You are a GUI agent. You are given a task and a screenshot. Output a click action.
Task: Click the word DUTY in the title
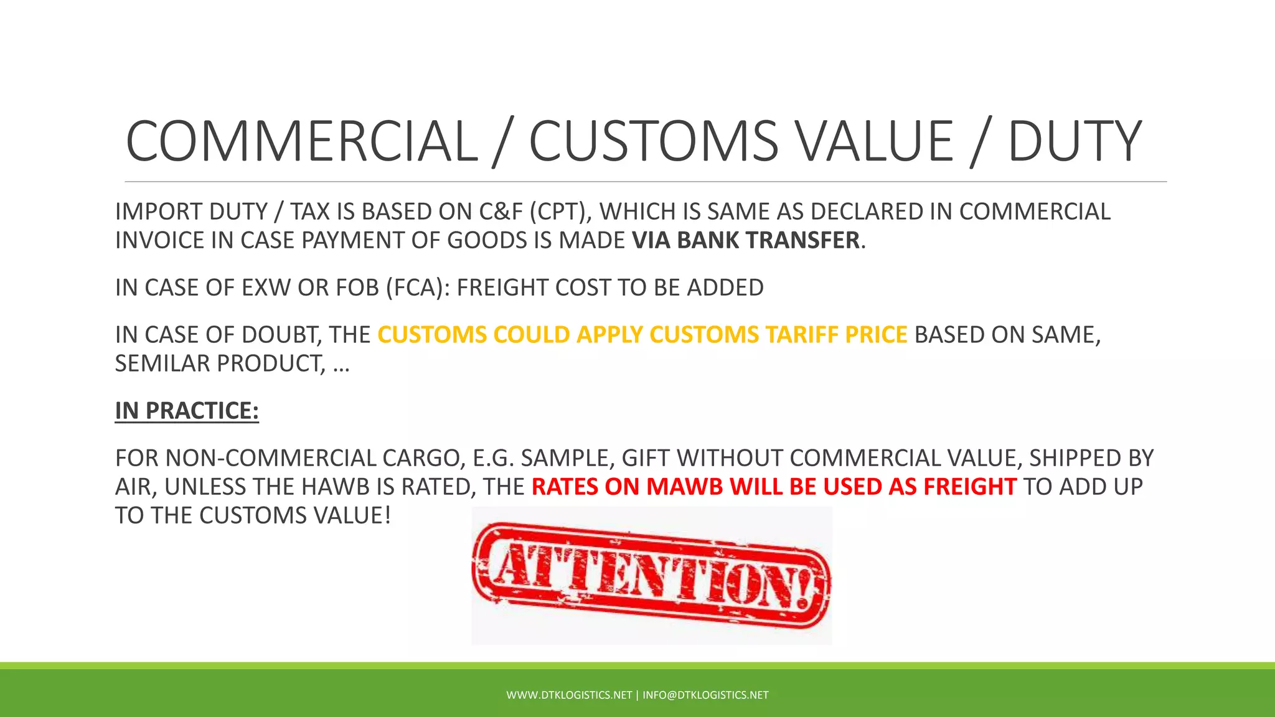[1075, 141]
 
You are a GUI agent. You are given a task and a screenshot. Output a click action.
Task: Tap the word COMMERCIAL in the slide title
[302, 141]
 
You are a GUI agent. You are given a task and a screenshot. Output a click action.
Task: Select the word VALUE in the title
[866, 141]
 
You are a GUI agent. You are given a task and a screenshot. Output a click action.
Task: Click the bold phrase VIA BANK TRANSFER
[746, 240]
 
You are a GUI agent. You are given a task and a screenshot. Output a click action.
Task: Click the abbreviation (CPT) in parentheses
[562, 212]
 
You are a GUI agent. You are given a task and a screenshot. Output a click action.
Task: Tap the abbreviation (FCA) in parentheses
[418, 288]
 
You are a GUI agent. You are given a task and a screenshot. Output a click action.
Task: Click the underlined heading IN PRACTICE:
[187, 411]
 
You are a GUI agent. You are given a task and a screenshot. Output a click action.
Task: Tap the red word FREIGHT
[970, 487]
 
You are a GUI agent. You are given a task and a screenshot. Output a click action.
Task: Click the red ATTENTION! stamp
[651, 575]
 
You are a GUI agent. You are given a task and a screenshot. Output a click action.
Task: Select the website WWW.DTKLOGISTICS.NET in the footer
[569, 695]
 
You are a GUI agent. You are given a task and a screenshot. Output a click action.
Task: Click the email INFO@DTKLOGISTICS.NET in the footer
[705, 695]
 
